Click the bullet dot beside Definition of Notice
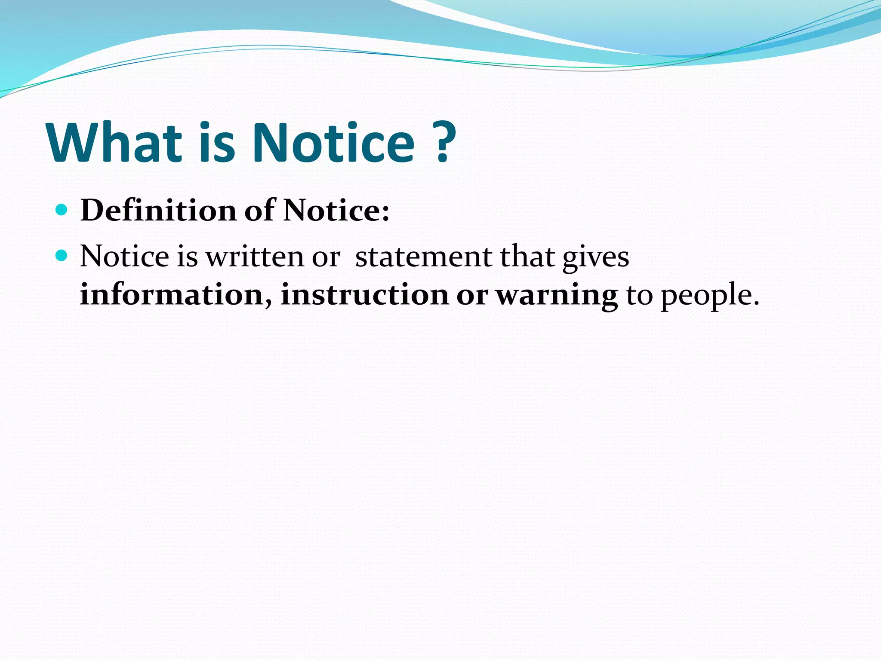click(62, 210)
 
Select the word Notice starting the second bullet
click(124, 257)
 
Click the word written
click(255, 257)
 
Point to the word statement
click(423, 257)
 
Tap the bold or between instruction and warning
click(472, 296)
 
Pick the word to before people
click(639, 296)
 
